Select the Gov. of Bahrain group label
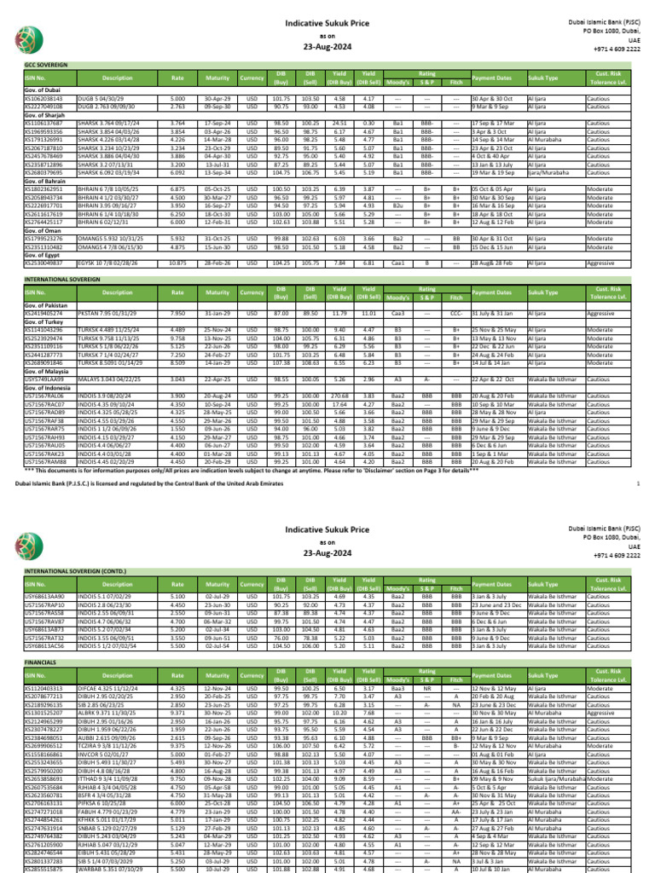[x=46, y=182]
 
